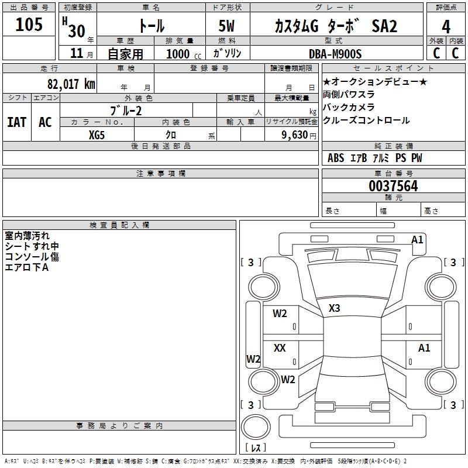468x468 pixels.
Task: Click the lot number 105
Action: coord(29,25)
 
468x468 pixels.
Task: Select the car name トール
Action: coord(150,26)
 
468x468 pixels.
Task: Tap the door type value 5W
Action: coord(228,26)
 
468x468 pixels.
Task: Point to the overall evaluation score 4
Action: coord(446,26)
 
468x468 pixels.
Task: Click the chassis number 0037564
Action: coord(393,187)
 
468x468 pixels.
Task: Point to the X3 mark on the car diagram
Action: coord(335,308)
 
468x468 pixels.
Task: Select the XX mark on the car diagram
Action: coord(280,348)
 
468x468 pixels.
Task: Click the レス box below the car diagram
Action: coord(256,448)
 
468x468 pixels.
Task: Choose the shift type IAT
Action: coord(16,122)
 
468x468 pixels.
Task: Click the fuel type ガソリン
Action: coord(227,53)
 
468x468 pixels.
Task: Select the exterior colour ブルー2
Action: coord(126,111)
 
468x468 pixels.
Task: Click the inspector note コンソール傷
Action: coord(32,256)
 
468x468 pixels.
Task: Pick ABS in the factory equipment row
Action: coord(336,158)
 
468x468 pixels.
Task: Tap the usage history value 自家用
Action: coord(125,54)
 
